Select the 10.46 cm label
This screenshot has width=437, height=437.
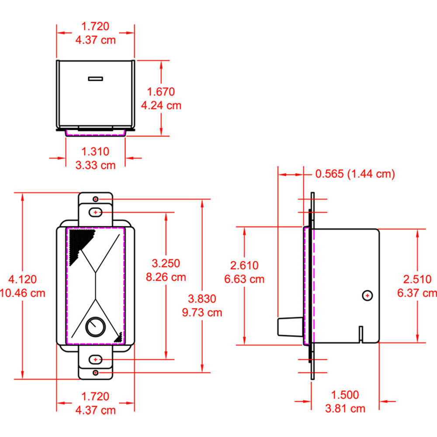click(23, 293)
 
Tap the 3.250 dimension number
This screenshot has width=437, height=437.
click(166, 263)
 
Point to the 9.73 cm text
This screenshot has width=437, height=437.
click(202, 312)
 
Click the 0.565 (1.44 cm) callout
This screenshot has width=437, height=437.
click(355, 174)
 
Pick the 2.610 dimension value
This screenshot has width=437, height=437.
click(244, 265)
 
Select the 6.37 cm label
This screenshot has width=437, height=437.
click(417, 293)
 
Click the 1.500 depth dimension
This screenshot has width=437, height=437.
click(345, 395)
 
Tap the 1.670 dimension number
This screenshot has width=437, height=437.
click(161, 92)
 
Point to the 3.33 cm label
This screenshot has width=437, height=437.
click(95, 165)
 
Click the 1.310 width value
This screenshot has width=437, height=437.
click(95, 151)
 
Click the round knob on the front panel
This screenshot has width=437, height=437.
click(95, 326)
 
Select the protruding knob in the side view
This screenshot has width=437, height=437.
click(289, 326)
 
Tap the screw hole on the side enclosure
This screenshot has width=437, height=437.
click(368, 296)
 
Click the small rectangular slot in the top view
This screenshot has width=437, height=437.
click(95, 79)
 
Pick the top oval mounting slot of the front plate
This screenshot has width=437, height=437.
click(95, 212)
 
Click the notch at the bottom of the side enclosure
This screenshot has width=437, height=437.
click(361, 334)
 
